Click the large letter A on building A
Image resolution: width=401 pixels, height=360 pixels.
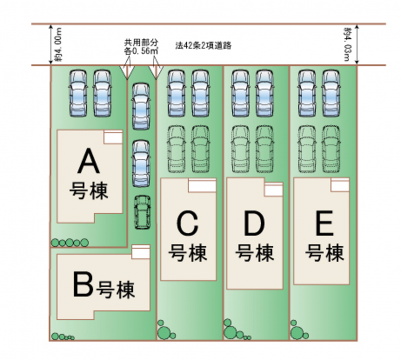89,161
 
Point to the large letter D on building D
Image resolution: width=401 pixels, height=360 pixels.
254,223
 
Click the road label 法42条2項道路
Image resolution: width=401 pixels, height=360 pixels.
204,46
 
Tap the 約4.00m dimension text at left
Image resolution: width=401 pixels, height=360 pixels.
58,44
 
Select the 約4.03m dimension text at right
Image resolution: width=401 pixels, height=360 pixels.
347,44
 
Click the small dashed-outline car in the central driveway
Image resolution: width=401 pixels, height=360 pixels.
141,212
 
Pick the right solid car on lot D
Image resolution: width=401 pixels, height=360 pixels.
265,94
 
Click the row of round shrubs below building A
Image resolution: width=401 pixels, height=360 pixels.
70,242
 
